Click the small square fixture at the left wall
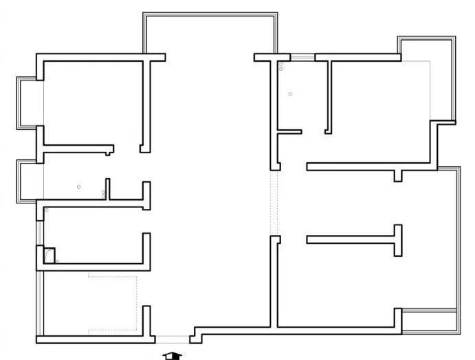point(49,255)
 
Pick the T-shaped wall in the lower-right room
point(371,240)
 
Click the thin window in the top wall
point(302,57)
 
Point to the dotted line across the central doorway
point(275,203)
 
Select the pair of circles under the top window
point(281,67)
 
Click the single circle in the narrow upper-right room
point(290,94)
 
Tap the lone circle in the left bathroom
point(79,187)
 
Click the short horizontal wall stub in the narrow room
point(290,132)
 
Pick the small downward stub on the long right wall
point(397,175)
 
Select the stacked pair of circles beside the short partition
point(104,194)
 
